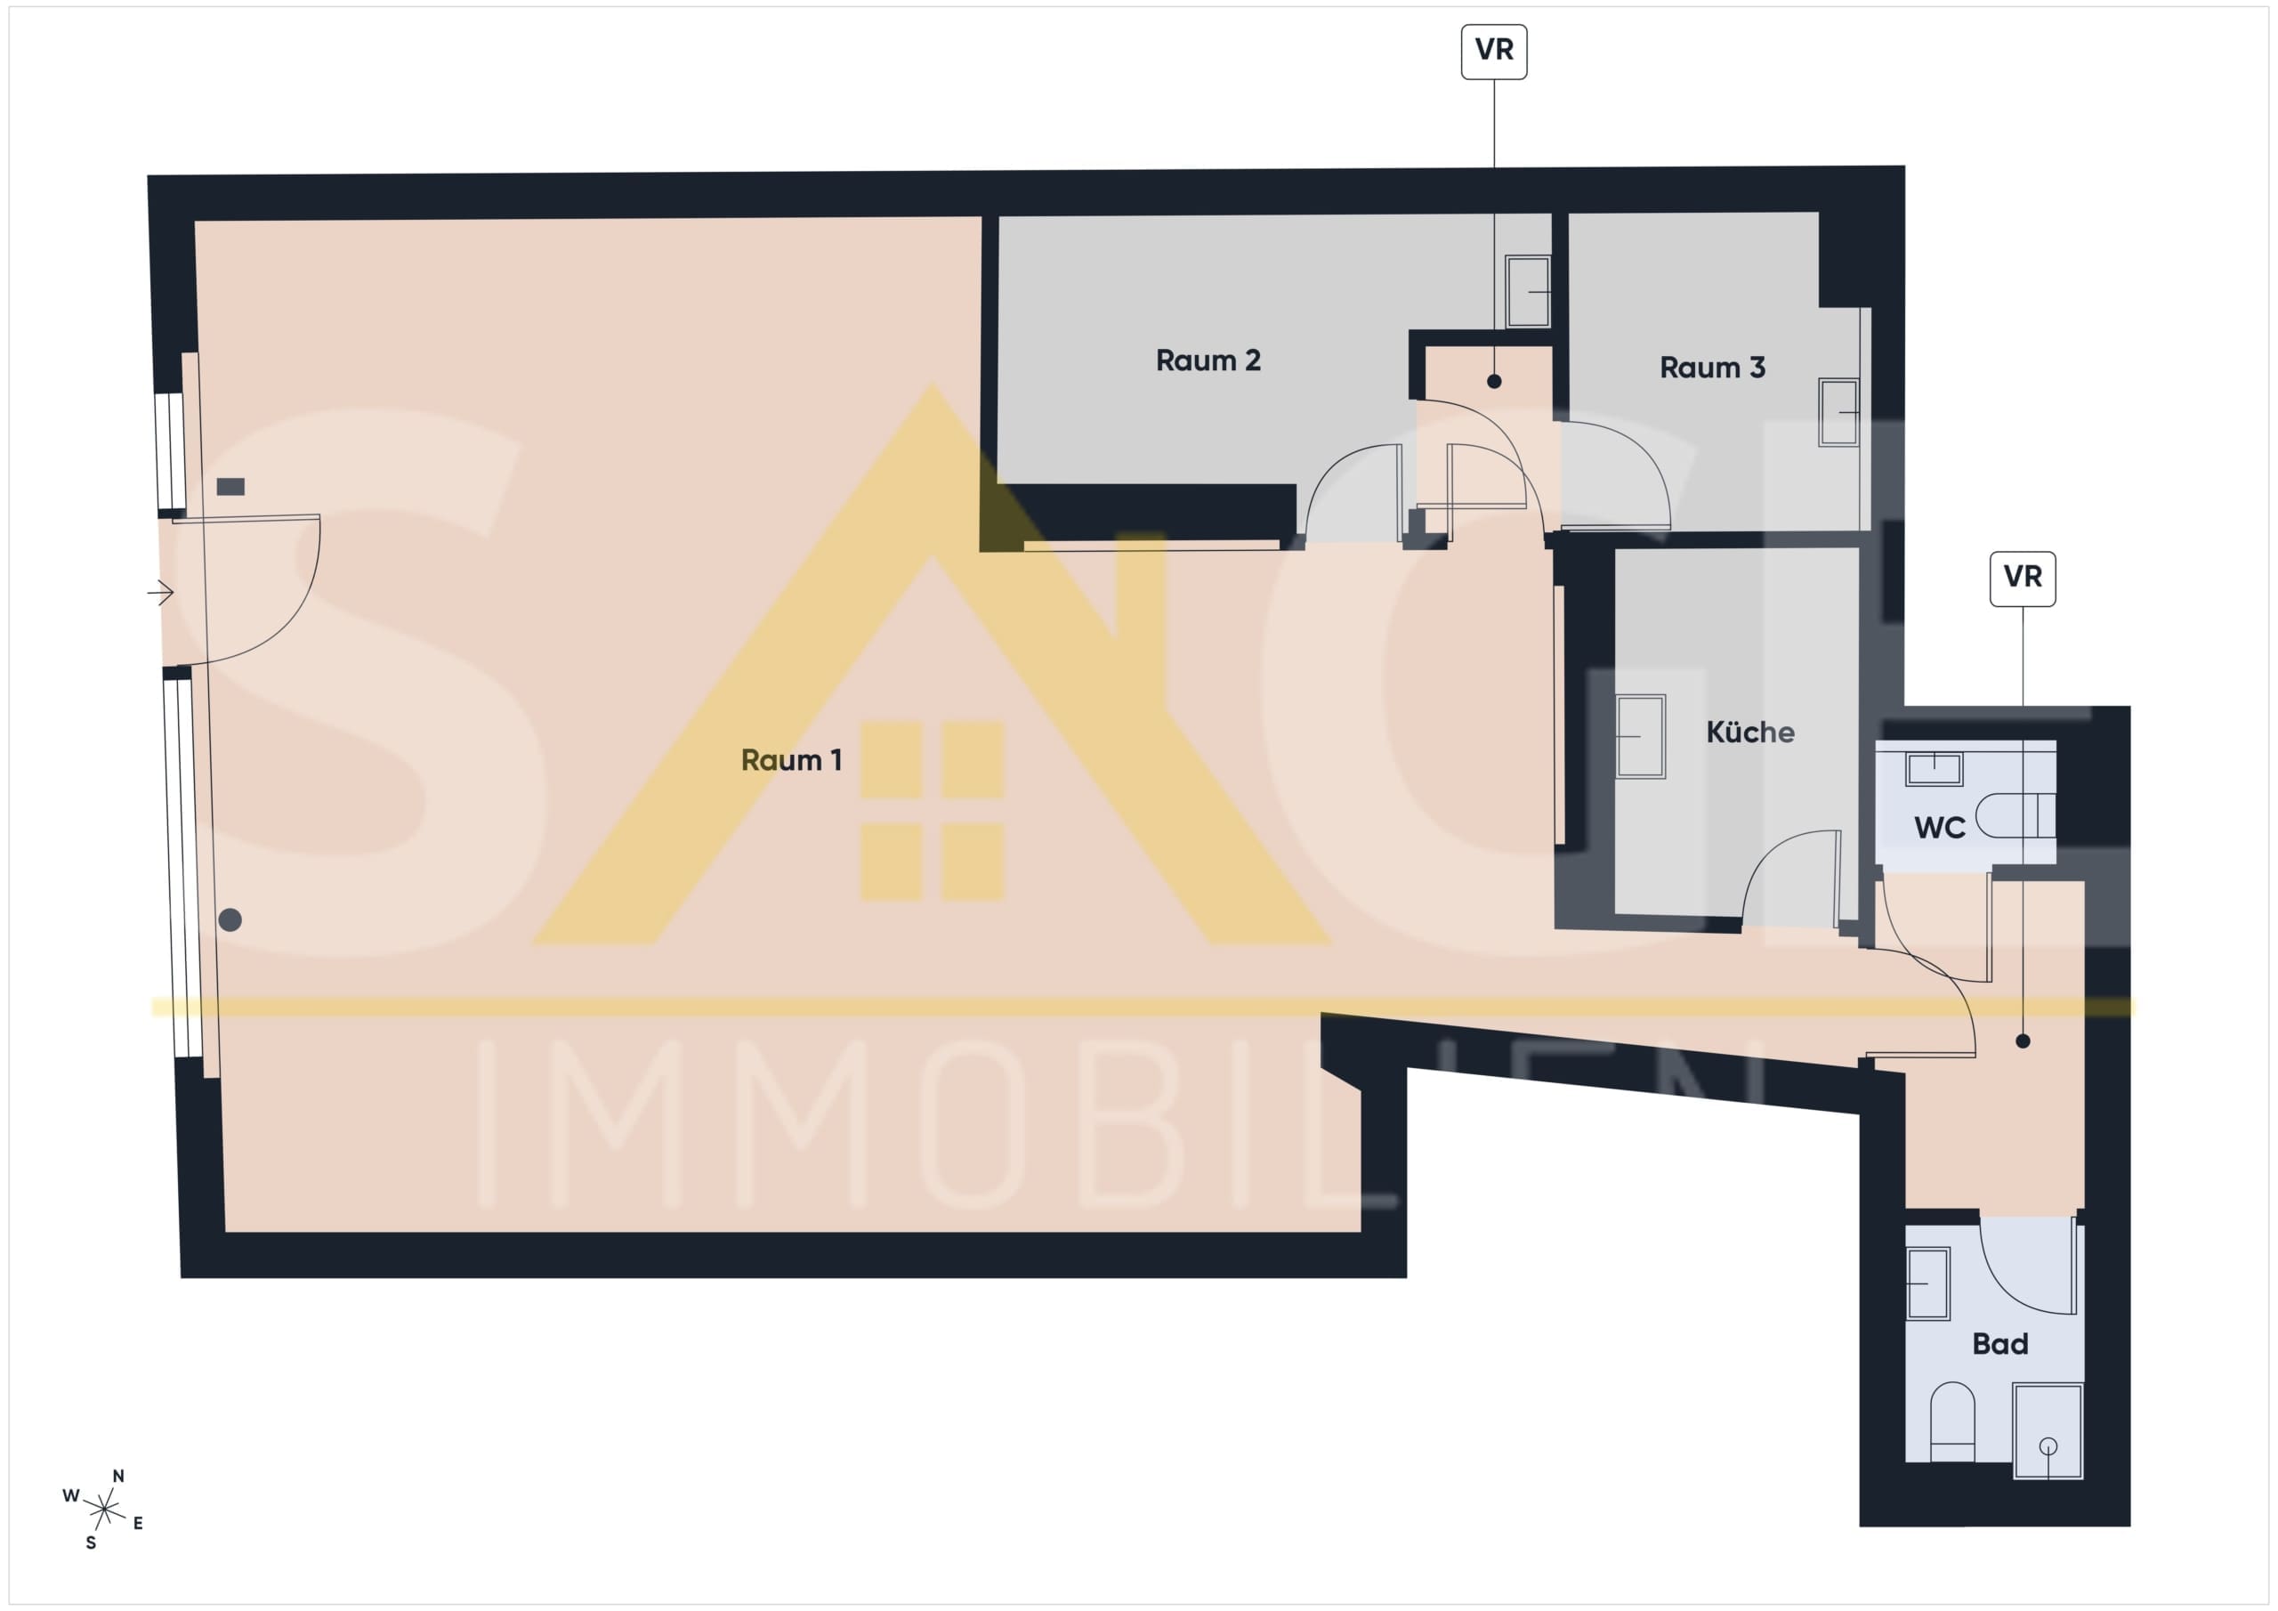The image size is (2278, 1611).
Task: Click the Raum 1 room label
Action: pyautogui.click(x=791, y=760)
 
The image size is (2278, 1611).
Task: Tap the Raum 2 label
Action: pyautogui.click(x=1208, y=360)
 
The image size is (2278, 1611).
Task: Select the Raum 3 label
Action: pyautogui.click(x=1711, y=368)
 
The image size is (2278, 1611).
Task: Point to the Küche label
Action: pyautogui.click(x=1749, y=733)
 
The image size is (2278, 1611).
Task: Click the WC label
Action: pyautogui.click(x=1939, y=828)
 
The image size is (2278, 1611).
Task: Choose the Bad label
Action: pyautogui.click(x=1999, y=1344)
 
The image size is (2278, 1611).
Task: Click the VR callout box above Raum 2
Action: pyautogui.click(x=1493, y=52)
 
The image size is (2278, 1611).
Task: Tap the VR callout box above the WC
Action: pyautogui.click(x=2022, y=579)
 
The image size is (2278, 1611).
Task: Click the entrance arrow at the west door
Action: pyautogui.click(x=161, y=593)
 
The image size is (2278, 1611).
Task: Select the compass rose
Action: pyautogui.click(x=104, y=1510)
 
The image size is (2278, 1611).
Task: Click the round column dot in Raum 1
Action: pyautogui.click(x=230, y=920)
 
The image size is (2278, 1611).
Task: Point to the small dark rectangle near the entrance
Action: pyautogui.click(x=230, y=486)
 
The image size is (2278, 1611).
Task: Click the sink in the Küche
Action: pyautogui.click(x=1640, y=736)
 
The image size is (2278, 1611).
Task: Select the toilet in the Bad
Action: pyautogui.click(x=1951, y=1421)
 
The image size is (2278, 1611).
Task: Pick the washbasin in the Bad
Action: pyautogui.click(x=1927, y=1283)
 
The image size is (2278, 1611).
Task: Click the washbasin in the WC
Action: pyautogui.click(x=1934, y=768)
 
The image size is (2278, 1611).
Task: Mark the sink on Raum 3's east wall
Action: pyautogui.click(x=1838, y=412)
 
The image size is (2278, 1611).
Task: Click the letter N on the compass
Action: pyautogui.click(x=118, y=1476)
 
